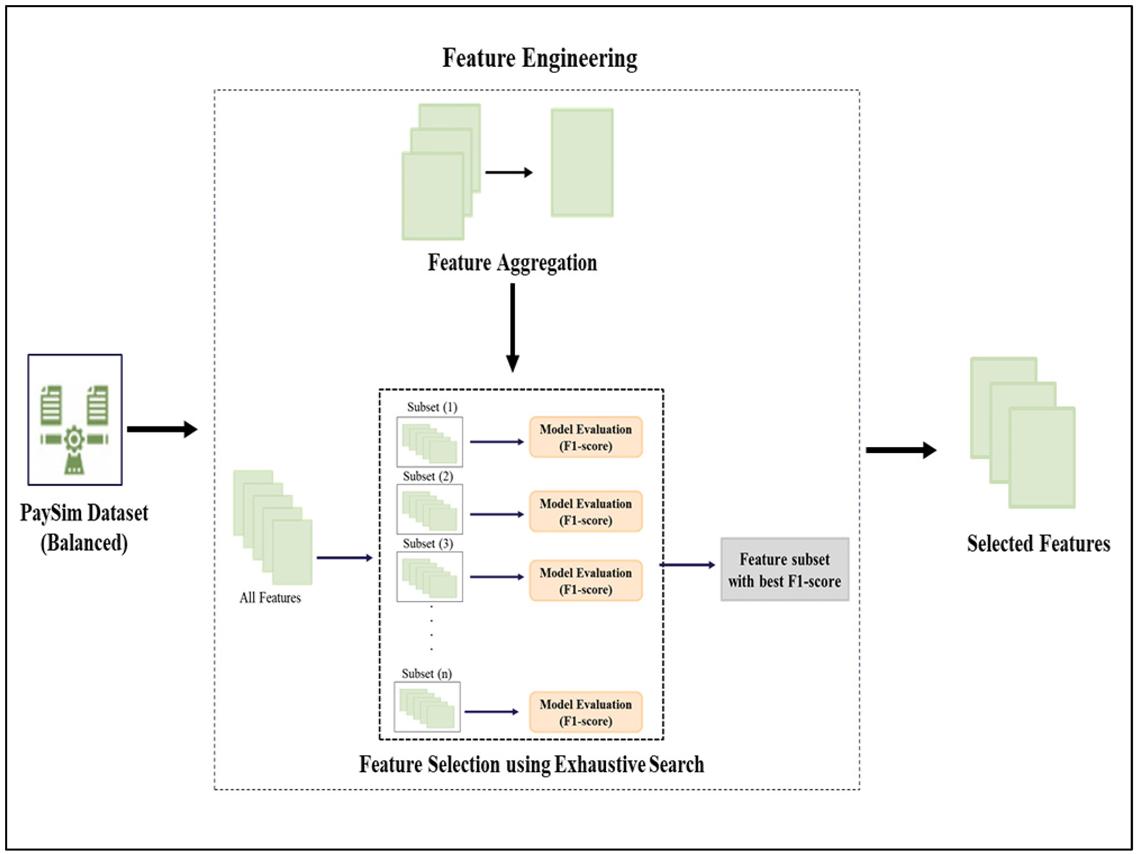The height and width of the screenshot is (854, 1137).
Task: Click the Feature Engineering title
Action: coord(540,58)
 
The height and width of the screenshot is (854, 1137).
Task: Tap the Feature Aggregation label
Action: coord(512,263)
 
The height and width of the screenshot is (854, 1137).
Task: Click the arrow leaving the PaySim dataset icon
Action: coord(162,429)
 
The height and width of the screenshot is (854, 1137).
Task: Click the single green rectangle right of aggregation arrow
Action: coord(582,162)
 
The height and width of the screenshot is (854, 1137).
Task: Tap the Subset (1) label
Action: coord(432,407)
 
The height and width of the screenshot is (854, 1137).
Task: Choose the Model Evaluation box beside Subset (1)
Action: coord(585,437)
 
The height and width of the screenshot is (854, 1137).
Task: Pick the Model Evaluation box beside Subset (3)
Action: coord(585,581)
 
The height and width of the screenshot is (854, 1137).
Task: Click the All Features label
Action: coord(270,598)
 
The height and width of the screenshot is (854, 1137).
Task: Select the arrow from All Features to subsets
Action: coord(344,558)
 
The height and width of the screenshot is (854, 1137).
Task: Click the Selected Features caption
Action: coord(1038,544)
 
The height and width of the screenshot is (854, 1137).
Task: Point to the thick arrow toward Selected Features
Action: coord(901,450)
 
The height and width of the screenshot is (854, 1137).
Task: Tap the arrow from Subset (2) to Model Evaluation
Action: coord(496,514)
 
